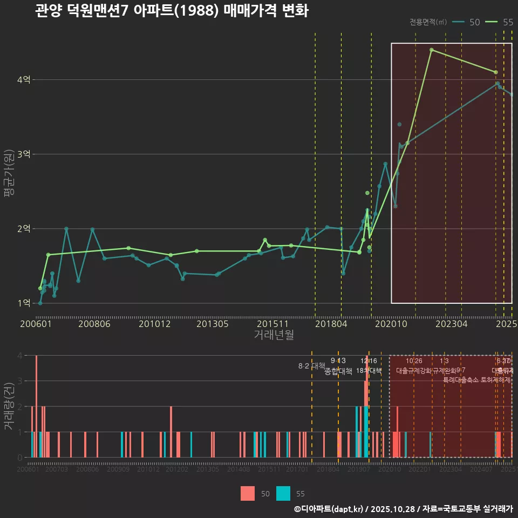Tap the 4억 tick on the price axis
[x=24, y=80]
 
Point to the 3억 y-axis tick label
[x=24, y=154]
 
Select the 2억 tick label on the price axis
[x=24, y=229]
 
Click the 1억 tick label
[x=24, y=303]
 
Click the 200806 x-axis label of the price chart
[x=94, y=324]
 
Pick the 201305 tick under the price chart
[x=212, y=324]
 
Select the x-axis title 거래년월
[x=274, y=335]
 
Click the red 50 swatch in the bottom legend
[x=248, y=493]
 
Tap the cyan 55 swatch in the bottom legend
[x=283, y=493]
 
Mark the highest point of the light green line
[x=432, y=50]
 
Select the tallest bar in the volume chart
[x=36, y=406]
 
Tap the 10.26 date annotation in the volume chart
[x=414, y=361]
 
